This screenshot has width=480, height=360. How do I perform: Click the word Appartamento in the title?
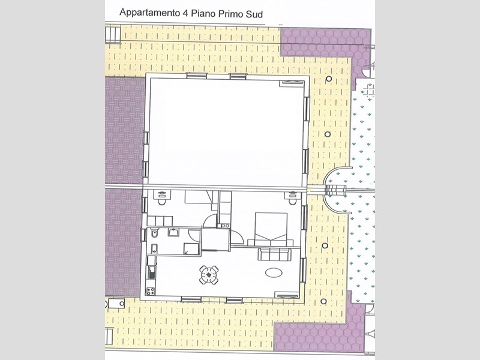tap(149, 13)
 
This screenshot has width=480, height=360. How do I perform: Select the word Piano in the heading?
tap(202, 13)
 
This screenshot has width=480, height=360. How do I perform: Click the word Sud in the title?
tap(254, 14)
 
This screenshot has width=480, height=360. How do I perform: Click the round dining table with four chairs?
tap(209, 275)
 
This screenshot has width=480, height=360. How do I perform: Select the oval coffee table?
tap(274, 272)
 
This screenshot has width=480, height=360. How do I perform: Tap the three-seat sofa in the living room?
tap(274, 254)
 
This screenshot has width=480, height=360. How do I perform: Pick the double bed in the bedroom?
tap(271, 229)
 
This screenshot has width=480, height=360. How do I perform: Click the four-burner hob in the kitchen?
tap(151, 291)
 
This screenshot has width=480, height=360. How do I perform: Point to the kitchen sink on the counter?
tap(152, 272)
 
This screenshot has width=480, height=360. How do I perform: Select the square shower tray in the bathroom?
tap(191, 248)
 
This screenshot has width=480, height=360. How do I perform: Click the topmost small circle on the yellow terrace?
tap(329, 79)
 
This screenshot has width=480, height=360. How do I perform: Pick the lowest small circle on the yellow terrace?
tap(323, 302)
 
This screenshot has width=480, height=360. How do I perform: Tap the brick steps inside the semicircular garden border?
tap(335, 190)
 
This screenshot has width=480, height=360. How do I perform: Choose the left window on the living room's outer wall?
tap(191, 299)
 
